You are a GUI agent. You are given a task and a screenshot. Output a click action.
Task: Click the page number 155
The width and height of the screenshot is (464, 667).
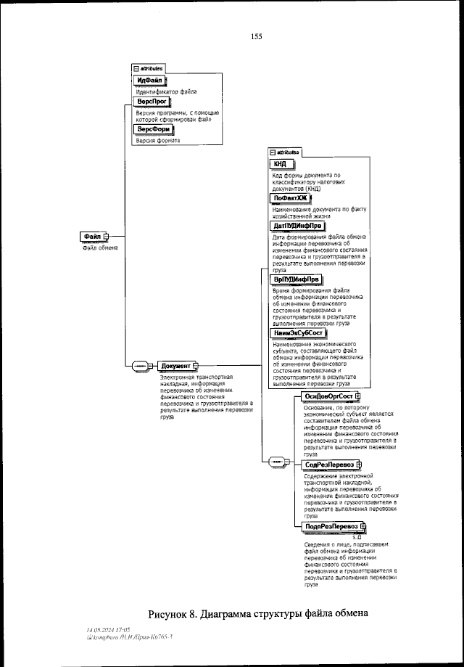[256, 36]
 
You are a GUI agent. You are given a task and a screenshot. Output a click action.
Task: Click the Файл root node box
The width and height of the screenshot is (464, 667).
[92, 237]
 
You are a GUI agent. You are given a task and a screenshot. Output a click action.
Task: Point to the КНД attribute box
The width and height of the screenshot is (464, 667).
[279, 165]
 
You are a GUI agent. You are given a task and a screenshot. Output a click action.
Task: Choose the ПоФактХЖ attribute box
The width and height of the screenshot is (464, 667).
[289, 197]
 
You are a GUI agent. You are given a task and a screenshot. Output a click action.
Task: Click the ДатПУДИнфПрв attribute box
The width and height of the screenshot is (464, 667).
[297, 226]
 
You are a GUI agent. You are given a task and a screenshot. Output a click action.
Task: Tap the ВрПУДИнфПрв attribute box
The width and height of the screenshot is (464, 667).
[296, 279]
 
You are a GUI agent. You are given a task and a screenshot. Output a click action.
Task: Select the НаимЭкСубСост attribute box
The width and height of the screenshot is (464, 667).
[299, 332]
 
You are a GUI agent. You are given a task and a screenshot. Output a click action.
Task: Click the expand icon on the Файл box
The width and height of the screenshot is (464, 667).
[106, 237]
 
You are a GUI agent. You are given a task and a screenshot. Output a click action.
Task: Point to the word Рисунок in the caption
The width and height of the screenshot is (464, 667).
[173, 613]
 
